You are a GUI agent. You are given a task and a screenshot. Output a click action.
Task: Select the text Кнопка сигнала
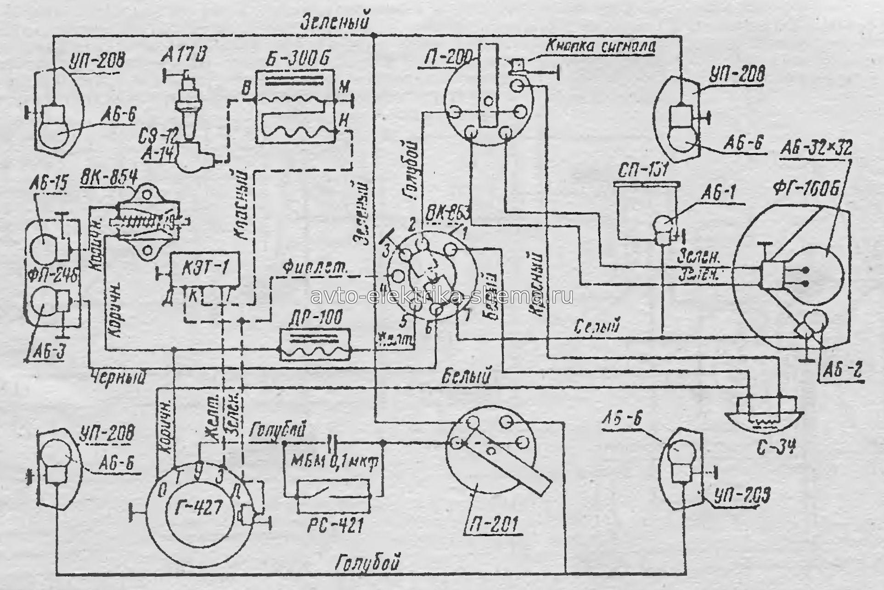click(x=600, y=46)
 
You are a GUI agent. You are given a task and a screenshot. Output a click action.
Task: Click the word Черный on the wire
click(x=119, y=377)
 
